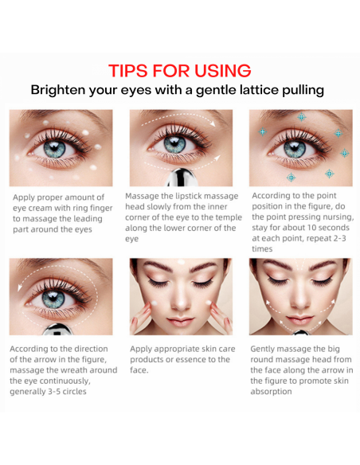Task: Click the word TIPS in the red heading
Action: point(127,71)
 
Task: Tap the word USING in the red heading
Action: point(223,71)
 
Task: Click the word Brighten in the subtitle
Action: point(58,90)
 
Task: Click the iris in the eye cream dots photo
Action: point(55,149)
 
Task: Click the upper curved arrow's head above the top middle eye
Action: point(212,123)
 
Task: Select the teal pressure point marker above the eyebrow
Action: point(302,117)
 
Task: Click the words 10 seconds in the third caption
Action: point(325,228)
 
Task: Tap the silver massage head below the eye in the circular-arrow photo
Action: point(57,330)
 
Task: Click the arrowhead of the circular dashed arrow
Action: point(20,287)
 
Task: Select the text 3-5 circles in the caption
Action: point(68,392)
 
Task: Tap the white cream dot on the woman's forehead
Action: point(181,261)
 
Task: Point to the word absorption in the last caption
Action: point(271,392)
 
